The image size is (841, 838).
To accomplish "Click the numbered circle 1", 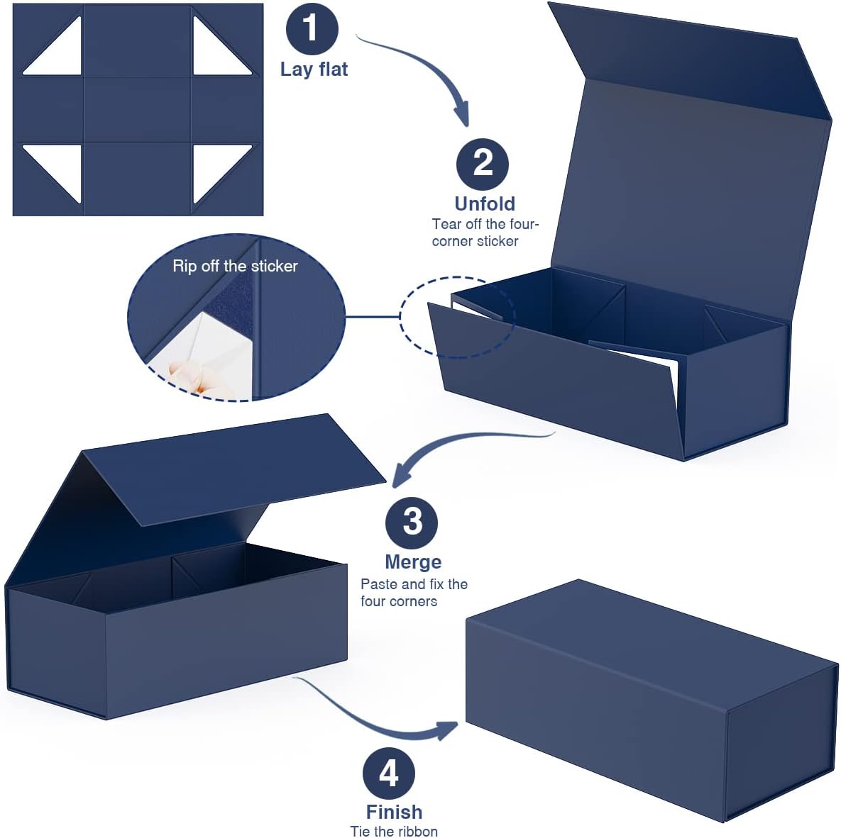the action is (x=312, y=28).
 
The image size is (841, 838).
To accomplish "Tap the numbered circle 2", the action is (x=482, y=164).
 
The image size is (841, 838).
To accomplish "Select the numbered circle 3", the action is (x=412, y=523).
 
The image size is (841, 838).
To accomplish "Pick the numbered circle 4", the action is (x=388, y=773).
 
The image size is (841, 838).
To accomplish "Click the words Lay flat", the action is (x=314, y=69).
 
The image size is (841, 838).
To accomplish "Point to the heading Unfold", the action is (x=485, y=203).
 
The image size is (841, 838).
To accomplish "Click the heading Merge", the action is (x=413, y=562).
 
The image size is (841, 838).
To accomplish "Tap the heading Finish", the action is (x=394, y=812).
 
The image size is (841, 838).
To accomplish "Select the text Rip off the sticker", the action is (x=235, y=266).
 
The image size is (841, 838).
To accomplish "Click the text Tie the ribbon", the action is (x=394, y=831).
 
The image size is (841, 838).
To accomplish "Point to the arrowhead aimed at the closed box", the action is (x=447, y=730).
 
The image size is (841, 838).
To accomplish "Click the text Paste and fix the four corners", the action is (x=414, y=592).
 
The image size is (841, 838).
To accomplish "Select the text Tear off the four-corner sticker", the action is (x=485, y=232).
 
